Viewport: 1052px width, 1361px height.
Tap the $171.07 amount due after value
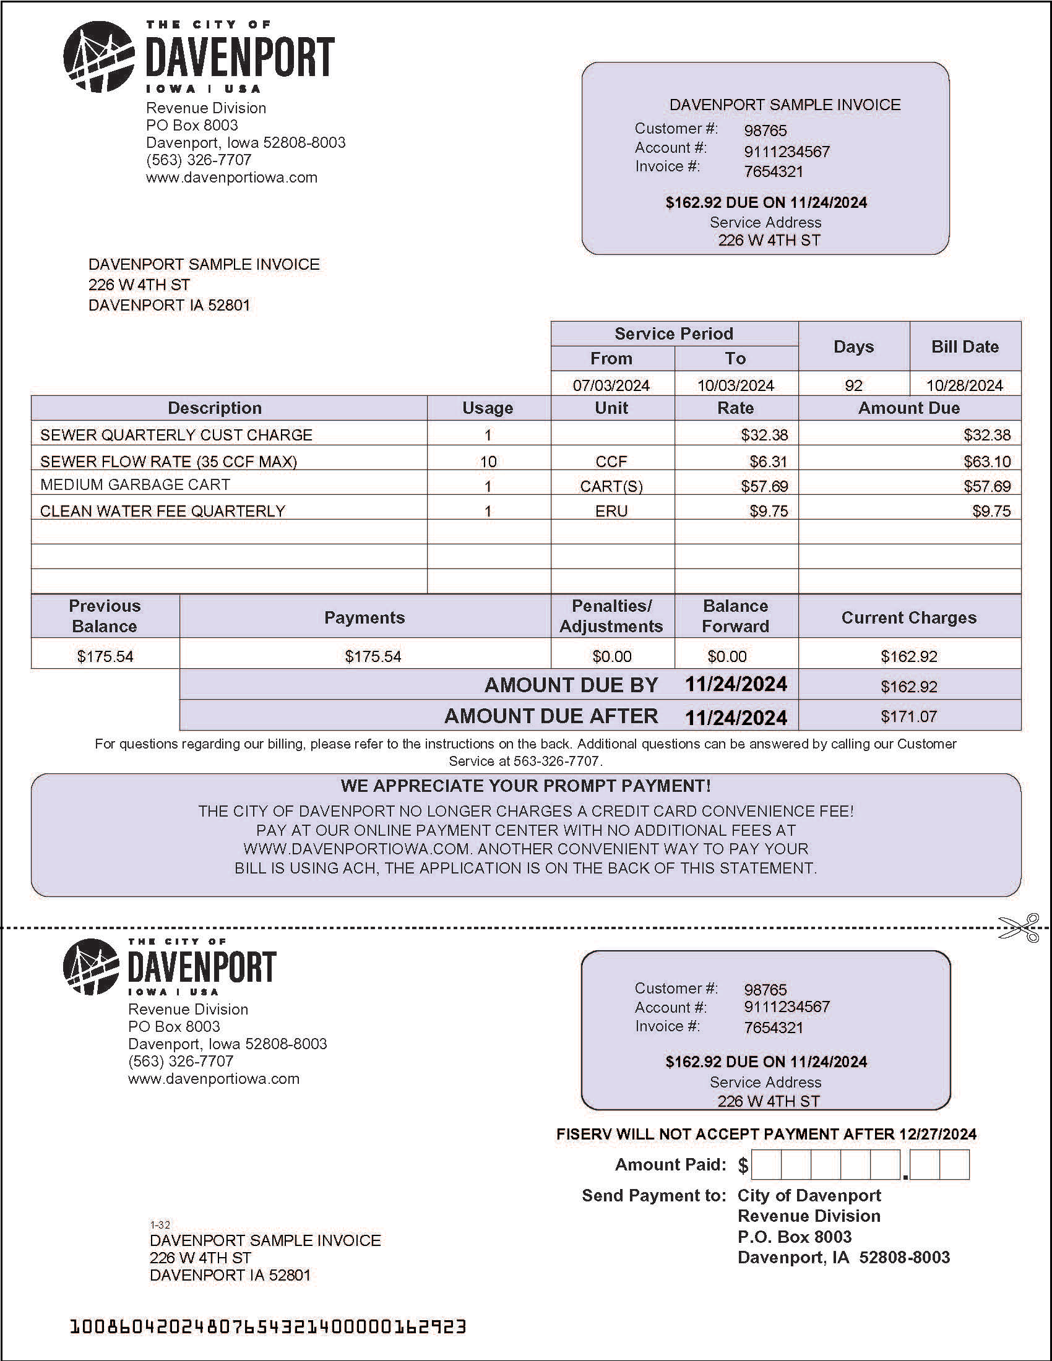point(908,716)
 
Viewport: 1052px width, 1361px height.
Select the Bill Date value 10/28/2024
point(964,385)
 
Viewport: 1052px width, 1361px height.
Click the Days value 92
point(853,385)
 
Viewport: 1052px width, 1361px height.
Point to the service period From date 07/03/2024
point(611,385)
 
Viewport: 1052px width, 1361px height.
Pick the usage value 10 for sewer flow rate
point(488,461)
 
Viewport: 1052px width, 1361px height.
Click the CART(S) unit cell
point(611,486)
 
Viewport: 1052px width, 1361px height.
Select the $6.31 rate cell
point(769,461)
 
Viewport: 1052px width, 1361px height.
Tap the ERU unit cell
point(611,511)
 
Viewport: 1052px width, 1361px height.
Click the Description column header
point(214,408)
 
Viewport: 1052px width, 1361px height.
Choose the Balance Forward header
point(735,616)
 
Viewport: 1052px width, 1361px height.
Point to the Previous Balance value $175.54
point(105,656)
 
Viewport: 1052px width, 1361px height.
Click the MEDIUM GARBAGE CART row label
point(135,484)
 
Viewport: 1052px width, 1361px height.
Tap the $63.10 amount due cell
point(986,461)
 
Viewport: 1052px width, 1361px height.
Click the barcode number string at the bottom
point(267,1326)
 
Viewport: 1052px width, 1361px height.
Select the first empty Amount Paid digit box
point(765,1165)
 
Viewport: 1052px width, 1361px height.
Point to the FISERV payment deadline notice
point(766,1134)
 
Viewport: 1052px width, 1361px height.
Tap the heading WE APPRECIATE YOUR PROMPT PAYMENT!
point(525,786)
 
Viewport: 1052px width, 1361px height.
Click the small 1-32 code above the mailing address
point(160,1224)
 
